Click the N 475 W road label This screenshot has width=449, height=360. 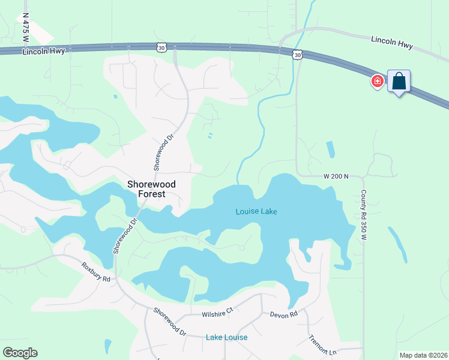25,28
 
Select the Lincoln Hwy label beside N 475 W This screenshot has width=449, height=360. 43,52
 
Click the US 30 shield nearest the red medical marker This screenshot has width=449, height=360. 298,55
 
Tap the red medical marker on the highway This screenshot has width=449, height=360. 378,81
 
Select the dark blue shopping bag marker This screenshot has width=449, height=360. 399,81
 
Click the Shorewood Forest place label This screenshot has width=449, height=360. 146,190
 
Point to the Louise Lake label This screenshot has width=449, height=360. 256,212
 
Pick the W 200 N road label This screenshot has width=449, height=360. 335,176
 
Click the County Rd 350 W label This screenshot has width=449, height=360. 363,215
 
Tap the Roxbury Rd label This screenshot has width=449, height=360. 97,271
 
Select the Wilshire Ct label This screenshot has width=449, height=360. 217,312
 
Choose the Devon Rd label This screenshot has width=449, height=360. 283,314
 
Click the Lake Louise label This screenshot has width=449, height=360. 226,337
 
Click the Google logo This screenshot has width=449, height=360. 20,353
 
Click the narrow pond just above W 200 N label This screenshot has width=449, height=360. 330,149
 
